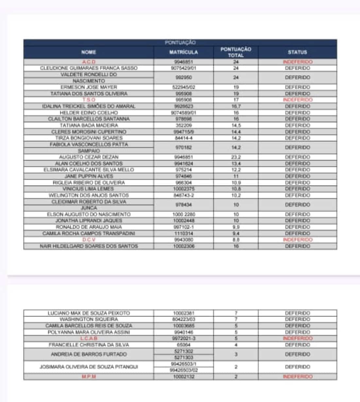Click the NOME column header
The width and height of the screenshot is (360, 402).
click(89, 52)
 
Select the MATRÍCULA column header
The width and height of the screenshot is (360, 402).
click(183, 52)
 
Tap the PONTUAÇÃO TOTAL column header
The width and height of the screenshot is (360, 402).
click(236, 52)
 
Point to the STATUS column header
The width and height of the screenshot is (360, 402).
click(297, 52)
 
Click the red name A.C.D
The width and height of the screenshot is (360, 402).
click(89, 62)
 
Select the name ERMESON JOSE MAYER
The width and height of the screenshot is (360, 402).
click(89, 87)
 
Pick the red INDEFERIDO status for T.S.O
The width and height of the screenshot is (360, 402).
click(297, 100)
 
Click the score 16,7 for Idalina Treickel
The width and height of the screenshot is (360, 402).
click(236, 106)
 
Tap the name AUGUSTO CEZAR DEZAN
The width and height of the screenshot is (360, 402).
click(89, 157)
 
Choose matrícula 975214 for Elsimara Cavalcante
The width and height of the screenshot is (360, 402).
click(183, 170)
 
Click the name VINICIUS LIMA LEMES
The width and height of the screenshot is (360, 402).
click(89, 189)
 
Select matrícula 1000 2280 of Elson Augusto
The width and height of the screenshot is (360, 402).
click(183, 214)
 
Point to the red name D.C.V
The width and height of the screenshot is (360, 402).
click(89, 240)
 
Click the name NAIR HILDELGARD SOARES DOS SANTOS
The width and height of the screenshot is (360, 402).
click(89, 246)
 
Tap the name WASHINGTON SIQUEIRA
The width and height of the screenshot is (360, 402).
click(89, 319)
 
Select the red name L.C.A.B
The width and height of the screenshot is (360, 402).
click(89, 338)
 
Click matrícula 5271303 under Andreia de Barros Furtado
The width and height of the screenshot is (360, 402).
click(183, 357)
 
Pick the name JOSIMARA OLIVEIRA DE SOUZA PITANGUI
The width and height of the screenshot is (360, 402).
click(89, 367)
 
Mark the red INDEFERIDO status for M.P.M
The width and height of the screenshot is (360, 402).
click(297, 377)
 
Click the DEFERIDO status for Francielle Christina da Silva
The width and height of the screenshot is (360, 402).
click(297, 345)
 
